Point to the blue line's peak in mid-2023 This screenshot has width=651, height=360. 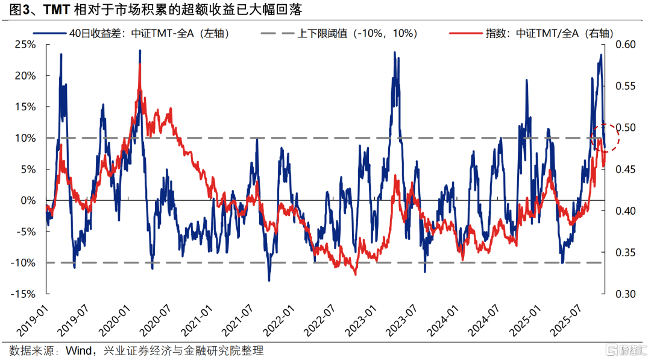395,52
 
